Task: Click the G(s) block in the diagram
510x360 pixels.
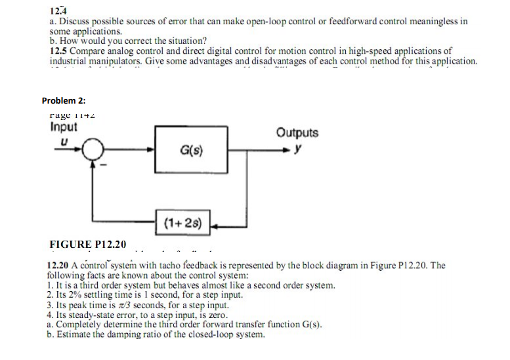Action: click(x=191, y=151)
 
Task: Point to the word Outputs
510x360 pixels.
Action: click(x=297, y=132)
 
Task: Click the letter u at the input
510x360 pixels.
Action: click(x=64, y=140)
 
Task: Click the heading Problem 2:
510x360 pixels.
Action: click(x=64, y=100)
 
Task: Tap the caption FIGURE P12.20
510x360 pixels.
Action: click(x=87, y=245)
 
